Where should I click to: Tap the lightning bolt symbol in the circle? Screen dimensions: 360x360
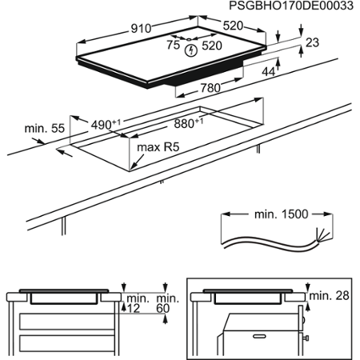[190, 50]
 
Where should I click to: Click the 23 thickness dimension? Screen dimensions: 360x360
[312, 42]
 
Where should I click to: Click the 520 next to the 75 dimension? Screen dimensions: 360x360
[214, 46]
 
